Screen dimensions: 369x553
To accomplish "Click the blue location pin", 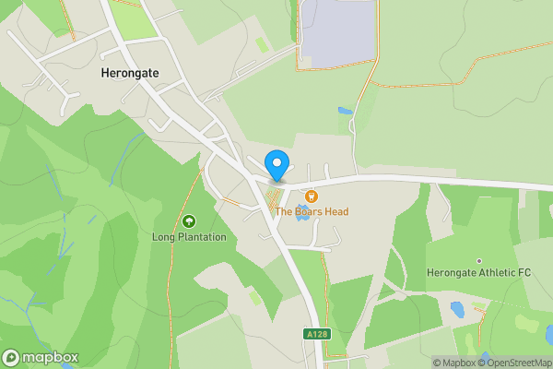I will (x=276, y=164).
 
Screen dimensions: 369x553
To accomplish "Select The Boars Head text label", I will (x=312, y=211).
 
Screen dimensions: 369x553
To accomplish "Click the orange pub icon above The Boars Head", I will (x=311, y=196).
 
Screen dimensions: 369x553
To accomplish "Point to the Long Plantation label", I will (x=189, y=237).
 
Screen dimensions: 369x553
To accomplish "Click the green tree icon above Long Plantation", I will (x=189, y=221).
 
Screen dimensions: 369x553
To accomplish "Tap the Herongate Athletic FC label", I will (x=479, y=273).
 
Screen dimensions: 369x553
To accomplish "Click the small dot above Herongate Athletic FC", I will (x=479, y=261).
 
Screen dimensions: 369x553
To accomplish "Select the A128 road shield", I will (x=316, y=333).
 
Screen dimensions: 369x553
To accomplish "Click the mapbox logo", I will (x=40, y=358).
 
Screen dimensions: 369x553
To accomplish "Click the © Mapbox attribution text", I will (x=453, y=363).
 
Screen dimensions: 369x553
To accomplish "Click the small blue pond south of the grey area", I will (x=345, y=112).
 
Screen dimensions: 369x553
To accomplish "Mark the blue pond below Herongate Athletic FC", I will (x=457, y=308).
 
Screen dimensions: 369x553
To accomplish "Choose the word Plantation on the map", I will (x=201, y=237).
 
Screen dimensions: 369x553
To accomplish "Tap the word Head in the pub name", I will (x=335, y=211).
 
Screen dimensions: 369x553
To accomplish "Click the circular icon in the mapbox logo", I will (x=11, y=358).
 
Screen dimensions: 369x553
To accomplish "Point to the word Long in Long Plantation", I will (x=162, y=237).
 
